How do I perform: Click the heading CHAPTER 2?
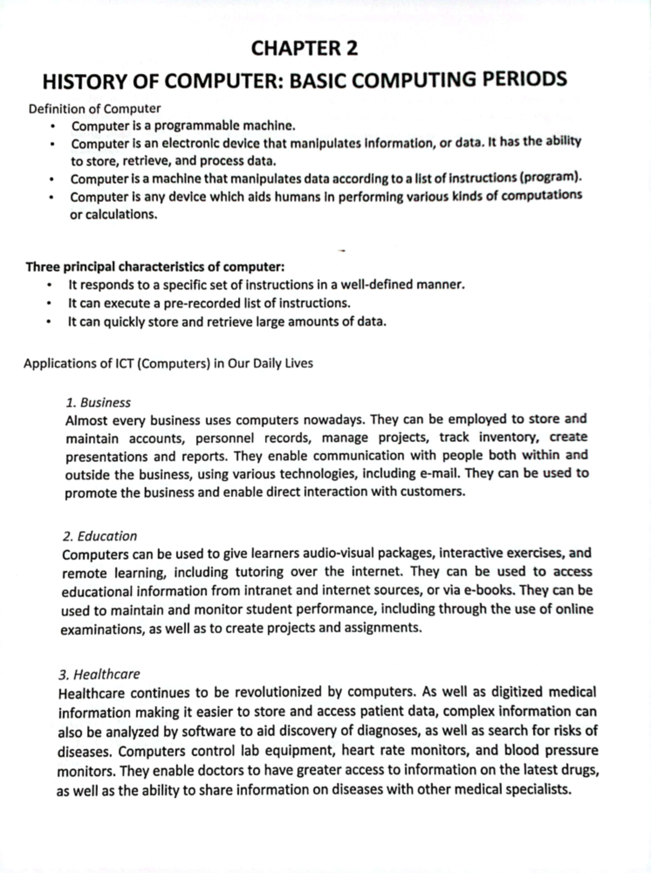coord(304,49)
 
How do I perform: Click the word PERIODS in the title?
coord(525,79)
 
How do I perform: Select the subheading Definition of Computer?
coord(94,109)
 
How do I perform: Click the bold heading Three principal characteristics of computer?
coord(155,267)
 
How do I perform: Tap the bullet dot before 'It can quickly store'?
coord(49,322)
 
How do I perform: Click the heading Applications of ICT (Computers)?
coord(168,363)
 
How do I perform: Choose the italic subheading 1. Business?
coord(98,403)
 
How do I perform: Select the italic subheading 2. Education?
coord(100,536)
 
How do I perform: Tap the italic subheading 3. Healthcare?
coord(99,674)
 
